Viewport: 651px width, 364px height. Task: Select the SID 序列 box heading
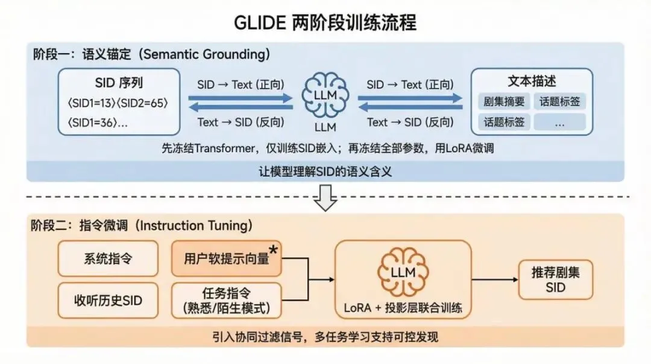[x=119, y=83]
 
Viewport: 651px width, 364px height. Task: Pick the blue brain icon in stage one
[x=325, y=95]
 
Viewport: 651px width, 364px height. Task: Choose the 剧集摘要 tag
[x=502, y=102]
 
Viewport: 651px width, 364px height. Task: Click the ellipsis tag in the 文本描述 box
[x=559, y=123]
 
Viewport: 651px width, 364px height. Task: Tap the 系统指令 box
[x=108, y=259]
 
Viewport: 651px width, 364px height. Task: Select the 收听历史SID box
[x=108, y=300]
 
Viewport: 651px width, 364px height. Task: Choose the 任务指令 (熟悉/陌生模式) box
[x=227, y=300]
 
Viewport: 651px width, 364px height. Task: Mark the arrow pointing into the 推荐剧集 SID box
[x=494, y=279]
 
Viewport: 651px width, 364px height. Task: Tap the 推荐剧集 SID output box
[x=555, y=279]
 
